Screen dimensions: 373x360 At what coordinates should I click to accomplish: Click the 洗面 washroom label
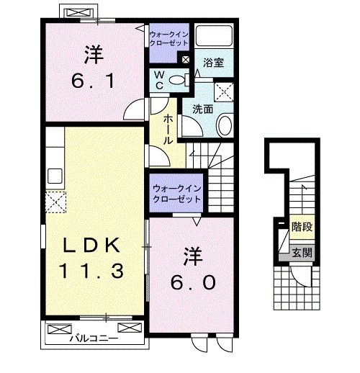[202, 109]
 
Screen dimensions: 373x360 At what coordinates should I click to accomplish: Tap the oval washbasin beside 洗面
[225, 126]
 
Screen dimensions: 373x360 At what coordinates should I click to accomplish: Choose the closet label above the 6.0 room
[176, 193]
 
